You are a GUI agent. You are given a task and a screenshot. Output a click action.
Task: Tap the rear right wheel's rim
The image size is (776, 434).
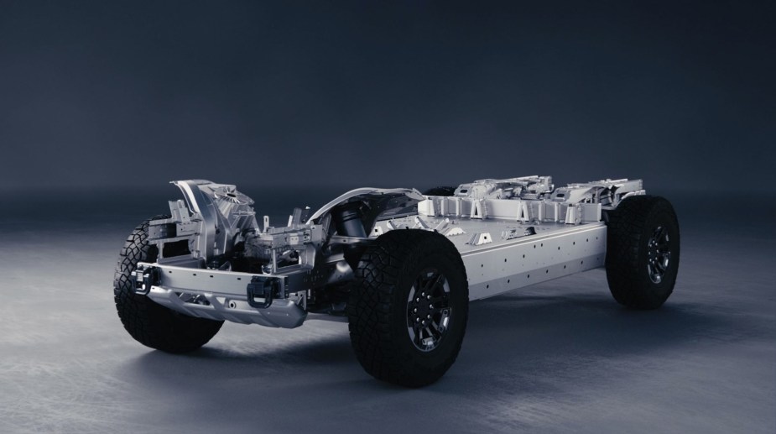click(659, 253)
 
